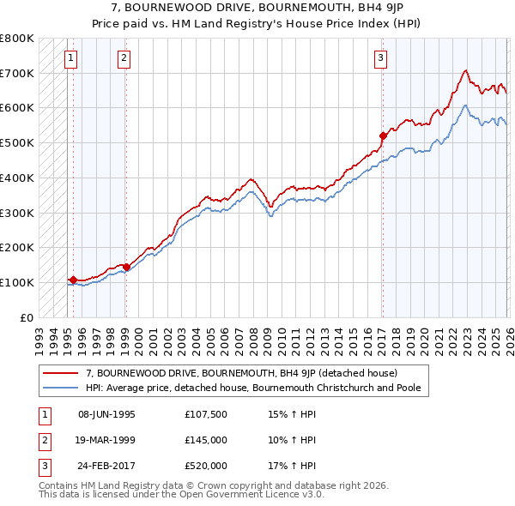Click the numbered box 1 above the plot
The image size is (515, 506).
pos(70,58)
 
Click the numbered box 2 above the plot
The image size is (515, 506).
pos(124,58)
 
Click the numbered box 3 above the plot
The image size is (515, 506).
pos(379,58)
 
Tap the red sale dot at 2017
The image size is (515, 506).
pos(383,135)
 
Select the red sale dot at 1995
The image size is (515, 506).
pos(73,280)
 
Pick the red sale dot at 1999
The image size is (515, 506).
pos(126,267)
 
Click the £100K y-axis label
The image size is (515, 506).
pos(17,282)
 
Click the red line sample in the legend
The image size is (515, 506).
pos(61,373)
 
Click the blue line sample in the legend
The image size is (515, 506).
pos(61,388)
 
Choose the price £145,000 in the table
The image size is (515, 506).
pos(206,440)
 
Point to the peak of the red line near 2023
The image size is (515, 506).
pos(464,70)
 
